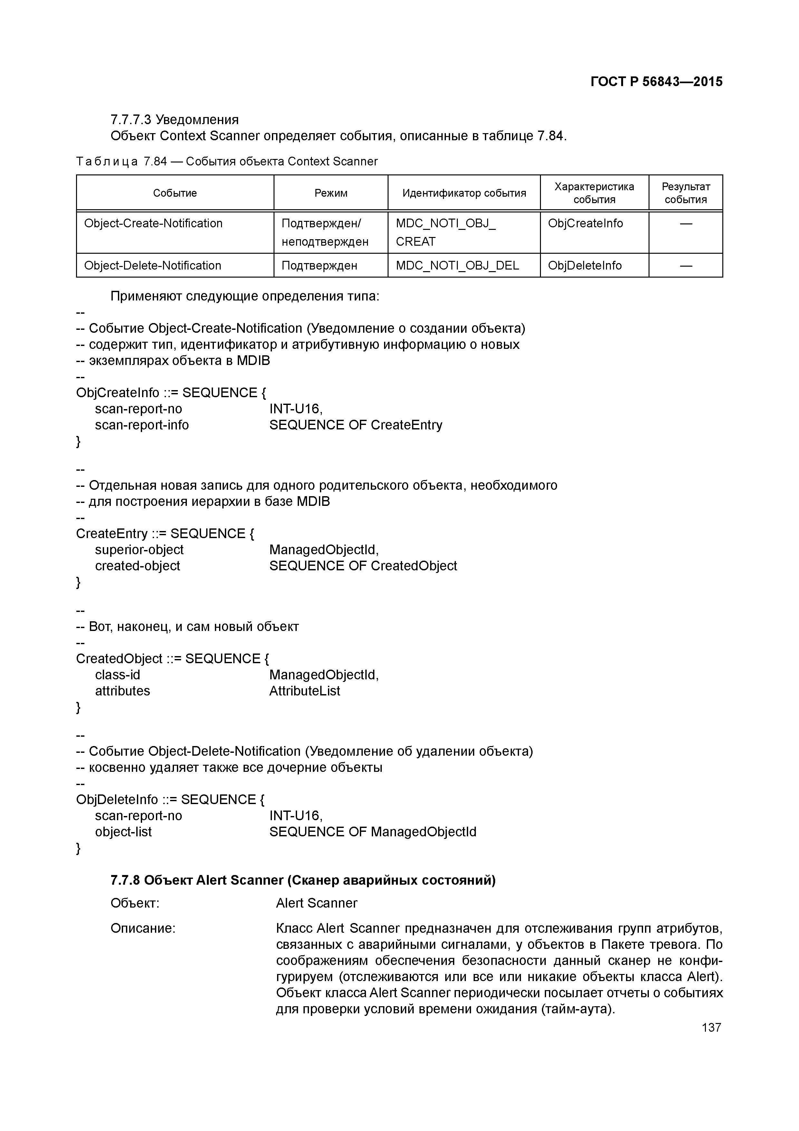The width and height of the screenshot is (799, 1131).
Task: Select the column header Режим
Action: (331, 193)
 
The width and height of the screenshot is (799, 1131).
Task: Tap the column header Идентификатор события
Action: (464, 193)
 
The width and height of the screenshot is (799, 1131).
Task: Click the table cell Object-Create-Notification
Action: (153, 224)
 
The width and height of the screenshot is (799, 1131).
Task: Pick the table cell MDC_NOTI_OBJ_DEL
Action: (457, 266)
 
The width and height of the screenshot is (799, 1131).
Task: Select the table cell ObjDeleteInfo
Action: (584, 266)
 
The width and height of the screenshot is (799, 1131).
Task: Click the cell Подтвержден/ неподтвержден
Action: (325, 232)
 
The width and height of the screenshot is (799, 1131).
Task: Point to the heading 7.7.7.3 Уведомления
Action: (174, 120)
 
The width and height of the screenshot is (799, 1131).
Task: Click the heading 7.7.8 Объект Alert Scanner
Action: (303, 880)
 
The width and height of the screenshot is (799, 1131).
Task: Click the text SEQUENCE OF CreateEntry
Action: (355, 425)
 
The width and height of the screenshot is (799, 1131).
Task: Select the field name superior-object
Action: (139, 550)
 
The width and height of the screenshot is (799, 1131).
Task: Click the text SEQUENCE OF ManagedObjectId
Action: (373, 832)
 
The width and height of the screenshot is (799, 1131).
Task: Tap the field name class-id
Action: (117, 675)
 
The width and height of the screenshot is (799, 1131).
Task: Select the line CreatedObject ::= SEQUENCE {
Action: (172, 659)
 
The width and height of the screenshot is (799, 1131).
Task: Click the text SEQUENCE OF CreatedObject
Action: (363, 566)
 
